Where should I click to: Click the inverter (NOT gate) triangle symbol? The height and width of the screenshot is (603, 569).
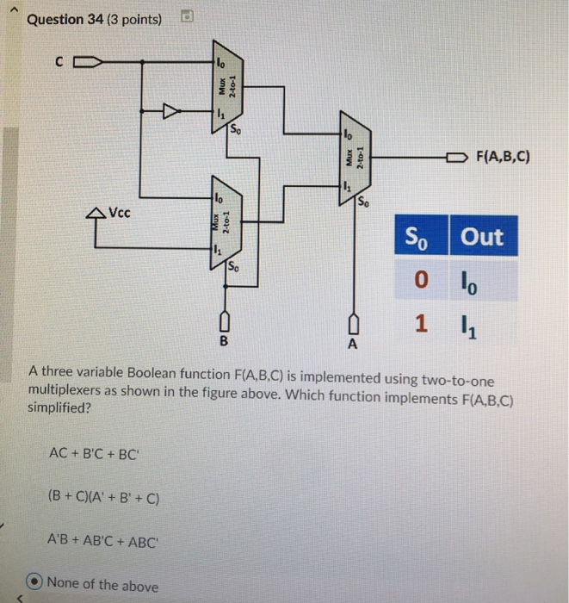(173, 110)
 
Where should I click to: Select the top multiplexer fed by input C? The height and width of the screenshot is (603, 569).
(226, 88)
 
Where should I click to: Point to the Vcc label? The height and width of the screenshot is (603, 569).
(121, 212)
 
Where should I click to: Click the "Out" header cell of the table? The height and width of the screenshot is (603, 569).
(481, 237)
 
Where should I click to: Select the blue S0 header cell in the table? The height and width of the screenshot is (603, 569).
(419, 237)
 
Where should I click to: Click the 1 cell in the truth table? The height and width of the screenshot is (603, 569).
(419, 325)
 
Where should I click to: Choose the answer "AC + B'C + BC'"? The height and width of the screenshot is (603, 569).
(92, 453)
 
